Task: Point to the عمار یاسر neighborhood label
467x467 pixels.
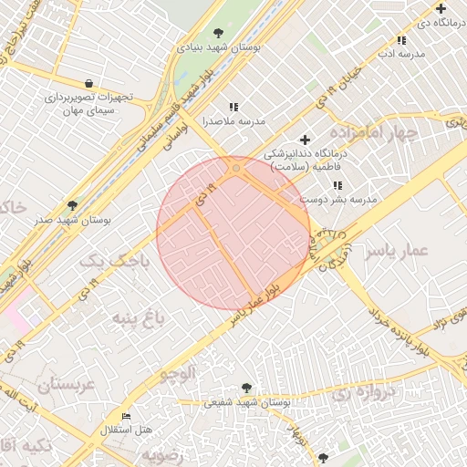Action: click(x=397, y=253)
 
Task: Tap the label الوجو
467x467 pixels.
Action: click(x=178, y=372)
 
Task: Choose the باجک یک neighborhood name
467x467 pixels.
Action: click(x=114, y=262)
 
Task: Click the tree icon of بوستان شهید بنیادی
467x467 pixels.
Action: click(x=217, y=34)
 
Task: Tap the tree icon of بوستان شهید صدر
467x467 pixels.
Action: click(x=73, y=205)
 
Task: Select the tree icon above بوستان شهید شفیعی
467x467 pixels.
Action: click(x=245, y=388)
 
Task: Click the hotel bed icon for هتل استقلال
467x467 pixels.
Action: click(x=126, y=416)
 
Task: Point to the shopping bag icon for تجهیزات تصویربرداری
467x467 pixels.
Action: click(x=88, y=82)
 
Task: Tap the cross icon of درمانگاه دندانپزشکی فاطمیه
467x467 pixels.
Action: click(x=305, y=140)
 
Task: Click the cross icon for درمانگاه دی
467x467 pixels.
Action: click(x=441, y=8)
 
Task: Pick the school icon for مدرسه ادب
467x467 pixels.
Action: click(x=401, y=40)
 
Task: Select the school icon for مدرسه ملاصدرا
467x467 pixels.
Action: click(x=233, y=107)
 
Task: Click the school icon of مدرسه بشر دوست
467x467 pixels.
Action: click(x=338, y=185)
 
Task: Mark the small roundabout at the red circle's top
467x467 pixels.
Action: click(x=236, y=169)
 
